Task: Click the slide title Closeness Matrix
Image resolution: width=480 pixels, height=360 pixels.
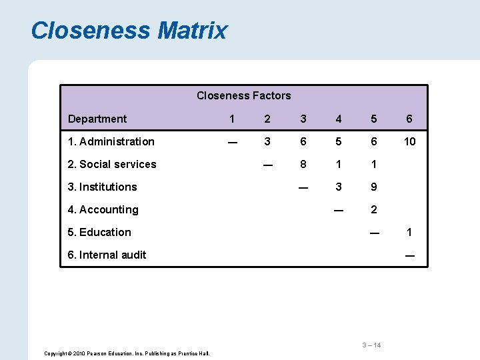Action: [x=129, y=31]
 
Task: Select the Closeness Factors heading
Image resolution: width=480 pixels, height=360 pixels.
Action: [x=243, y=95]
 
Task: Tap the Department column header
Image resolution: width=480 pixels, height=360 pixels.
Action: [x=97, y=119]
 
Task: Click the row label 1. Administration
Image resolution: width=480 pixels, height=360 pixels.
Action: [x=111, y=141]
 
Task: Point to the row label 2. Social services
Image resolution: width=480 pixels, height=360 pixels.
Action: [x=112, y=164]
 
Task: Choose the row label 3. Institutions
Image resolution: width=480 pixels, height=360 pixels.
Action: [x=102, y=187]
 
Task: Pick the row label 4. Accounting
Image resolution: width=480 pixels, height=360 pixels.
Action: [x=103, y=209]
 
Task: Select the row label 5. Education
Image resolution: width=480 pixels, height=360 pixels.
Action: [x=99, y=232]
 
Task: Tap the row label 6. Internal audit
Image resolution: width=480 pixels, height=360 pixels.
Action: [x=107, y=255]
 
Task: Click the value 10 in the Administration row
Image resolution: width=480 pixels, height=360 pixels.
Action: [x=409, y=141]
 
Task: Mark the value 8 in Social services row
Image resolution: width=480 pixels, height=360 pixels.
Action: [x=303, y=164]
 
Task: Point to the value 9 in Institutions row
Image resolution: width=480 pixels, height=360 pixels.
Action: [x=374, y=187]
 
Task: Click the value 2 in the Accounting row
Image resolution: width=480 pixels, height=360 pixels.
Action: [x=374, y=209]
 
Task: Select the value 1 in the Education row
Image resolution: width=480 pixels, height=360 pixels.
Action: [x=409, y=232]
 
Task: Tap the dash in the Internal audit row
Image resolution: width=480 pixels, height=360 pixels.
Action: [x=409, y=255]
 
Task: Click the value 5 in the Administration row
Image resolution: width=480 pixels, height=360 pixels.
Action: [x=339, y=141]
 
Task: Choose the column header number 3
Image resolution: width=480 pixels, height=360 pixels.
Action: [x=303, y=119]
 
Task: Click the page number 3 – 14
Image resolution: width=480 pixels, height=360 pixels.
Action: [x=371, y=345]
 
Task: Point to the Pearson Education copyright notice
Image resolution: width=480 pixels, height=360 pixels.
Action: [x=127, y=353]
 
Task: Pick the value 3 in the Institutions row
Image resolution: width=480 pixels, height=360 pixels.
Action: [x=339, y=187]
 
